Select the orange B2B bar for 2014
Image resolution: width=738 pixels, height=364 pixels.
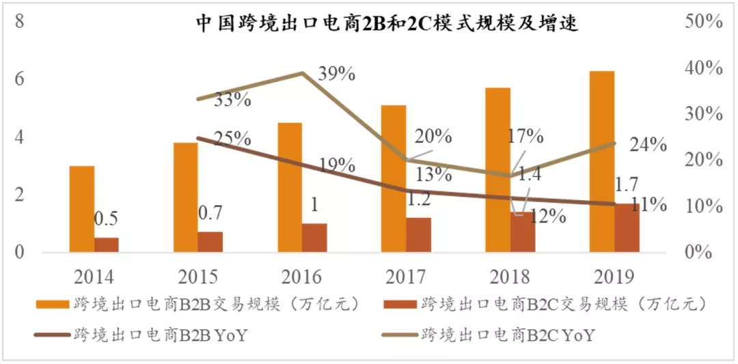point(82,209)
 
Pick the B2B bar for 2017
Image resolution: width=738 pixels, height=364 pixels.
point(394,179)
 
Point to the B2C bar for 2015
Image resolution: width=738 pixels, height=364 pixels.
point(210,242)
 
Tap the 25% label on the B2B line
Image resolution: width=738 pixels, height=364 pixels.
point(231,138)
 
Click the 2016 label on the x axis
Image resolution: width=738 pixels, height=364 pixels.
point(302,277)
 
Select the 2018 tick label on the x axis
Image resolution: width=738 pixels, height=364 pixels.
point(510,277)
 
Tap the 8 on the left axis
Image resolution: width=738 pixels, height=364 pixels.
point(20,20)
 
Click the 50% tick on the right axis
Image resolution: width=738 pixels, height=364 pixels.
point(703,21)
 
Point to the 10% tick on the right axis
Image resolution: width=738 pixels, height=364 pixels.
point(703,206)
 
